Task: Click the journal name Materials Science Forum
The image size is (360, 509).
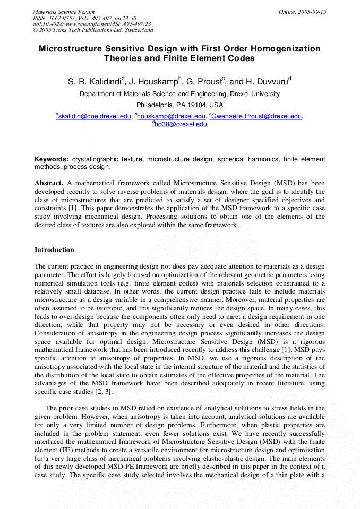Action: click(64, 12)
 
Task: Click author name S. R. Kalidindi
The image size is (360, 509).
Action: click(95, 82)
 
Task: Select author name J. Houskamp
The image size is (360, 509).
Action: click(155, 82)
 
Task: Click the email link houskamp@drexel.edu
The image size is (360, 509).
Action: click(171, 116)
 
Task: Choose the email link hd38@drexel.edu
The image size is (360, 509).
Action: click(181, 124)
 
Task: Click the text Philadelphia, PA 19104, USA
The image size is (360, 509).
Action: click(179, 105)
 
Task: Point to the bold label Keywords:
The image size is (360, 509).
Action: click(52, 159)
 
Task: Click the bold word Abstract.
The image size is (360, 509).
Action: click(49, 183)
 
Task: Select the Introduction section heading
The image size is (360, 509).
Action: click(54, 250)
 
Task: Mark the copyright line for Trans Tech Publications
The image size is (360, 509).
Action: click(85, 30)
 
